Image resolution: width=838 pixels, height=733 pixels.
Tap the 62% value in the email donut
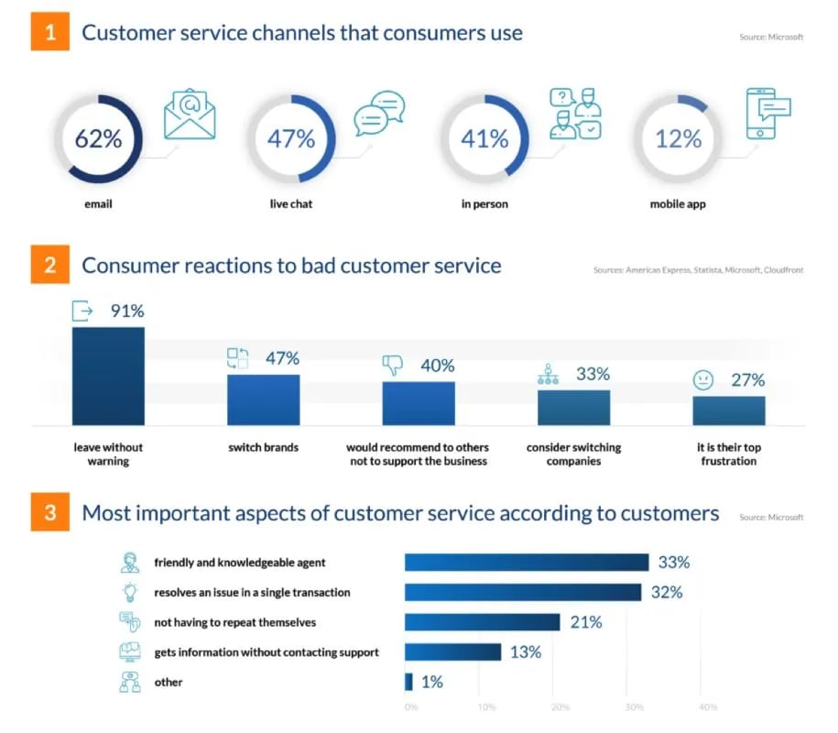[98, 139]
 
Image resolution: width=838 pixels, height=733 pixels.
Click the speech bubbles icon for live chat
[379, 113]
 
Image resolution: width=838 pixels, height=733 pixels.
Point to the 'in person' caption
[484, 204]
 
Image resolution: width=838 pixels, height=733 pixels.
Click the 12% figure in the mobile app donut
[679, 139]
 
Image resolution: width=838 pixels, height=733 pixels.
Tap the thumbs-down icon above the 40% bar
[393, 366]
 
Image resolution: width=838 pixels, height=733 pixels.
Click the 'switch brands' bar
[263, 399]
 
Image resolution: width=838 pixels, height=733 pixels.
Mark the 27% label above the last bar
[747, 380]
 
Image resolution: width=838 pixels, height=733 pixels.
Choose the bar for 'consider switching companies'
[573, 407]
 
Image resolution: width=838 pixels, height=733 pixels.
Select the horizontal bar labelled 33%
[527, 563]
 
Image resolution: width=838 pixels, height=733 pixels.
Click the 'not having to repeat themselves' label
[234, 622]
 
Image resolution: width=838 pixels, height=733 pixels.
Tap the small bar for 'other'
[408, 682]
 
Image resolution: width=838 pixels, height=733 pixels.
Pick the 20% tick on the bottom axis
[561, 707]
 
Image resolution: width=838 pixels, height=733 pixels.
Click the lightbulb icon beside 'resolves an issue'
[129, 592]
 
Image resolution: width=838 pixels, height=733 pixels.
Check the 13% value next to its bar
[527, 652]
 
